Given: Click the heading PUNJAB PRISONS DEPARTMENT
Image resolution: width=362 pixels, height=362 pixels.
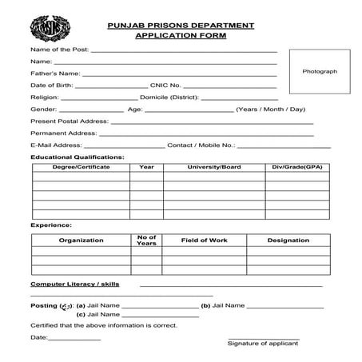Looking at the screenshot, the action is tap(181, 26).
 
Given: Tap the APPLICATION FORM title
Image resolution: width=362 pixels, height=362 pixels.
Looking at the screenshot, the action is tap(181, 37).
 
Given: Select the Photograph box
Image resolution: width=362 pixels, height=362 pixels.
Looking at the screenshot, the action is tap(319, 72).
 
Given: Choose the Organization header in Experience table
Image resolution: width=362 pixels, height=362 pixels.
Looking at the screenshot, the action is tap(81, 240).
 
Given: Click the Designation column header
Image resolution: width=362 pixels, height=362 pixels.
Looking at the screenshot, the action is tap(288, 240).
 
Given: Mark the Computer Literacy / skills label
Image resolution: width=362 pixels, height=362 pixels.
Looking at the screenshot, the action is tap(74, 284).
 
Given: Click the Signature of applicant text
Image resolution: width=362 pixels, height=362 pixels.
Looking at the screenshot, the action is tap(263, 344).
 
